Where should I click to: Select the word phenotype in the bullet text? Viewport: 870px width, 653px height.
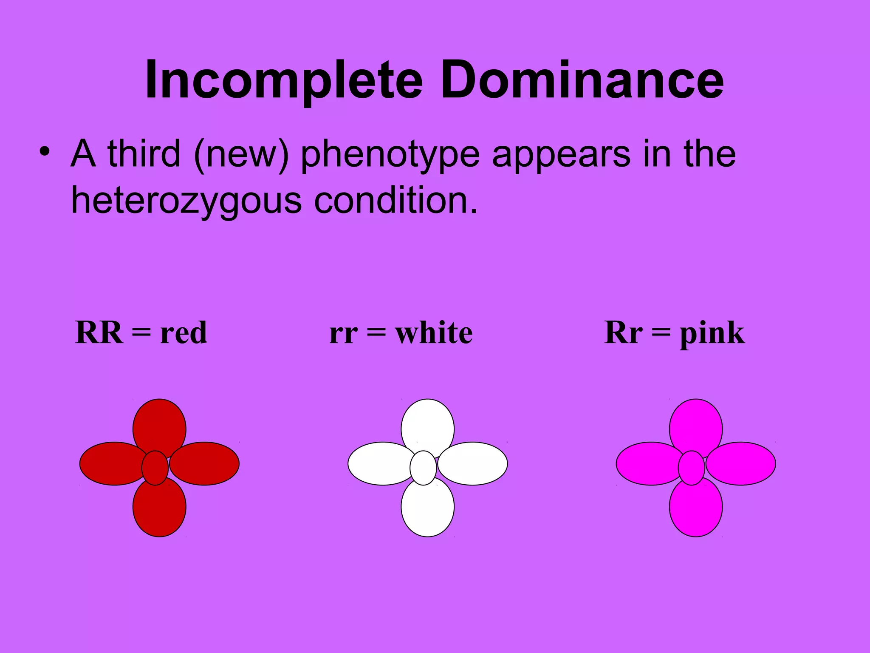pyautogui.click(x=390, y=154)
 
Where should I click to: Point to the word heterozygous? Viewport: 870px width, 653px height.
pyautogui.click(x=186, y=201)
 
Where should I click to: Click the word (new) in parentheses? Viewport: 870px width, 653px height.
pyautogui.click(x=241, y=154)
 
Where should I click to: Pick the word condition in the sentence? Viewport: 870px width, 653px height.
pyautogui.click(x=395, y=201)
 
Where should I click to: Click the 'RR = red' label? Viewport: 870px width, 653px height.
pyautogui.click(x=141, y=332)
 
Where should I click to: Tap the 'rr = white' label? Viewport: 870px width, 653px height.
pyautogui.click(x=401, y=332)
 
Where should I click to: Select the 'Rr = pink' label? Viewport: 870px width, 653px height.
pyautogui.click(x=674, y=332)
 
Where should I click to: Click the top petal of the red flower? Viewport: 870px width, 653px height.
pyautogui.click(x=159, y=425)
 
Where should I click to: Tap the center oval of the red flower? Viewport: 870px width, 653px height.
pyautogui.click(x=155, y=468)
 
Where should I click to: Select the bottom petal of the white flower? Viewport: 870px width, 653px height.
pyautogui.click(x=428, y=510)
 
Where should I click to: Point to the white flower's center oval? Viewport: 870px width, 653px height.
pyautogui.click(x=423, y=468)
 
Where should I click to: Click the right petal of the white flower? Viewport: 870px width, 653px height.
pyautogui.click(x=476, y=463)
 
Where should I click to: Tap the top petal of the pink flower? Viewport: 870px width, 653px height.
pyautogui.click(x=696, y=425)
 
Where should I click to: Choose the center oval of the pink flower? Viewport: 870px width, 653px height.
pyautogui.click(x=692, y=468)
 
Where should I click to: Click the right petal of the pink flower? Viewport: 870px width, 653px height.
pyautogui.click(x=743, y=463)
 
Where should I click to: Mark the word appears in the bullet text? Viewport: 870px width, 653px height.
pyautogui.click(x=561, y=154)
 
